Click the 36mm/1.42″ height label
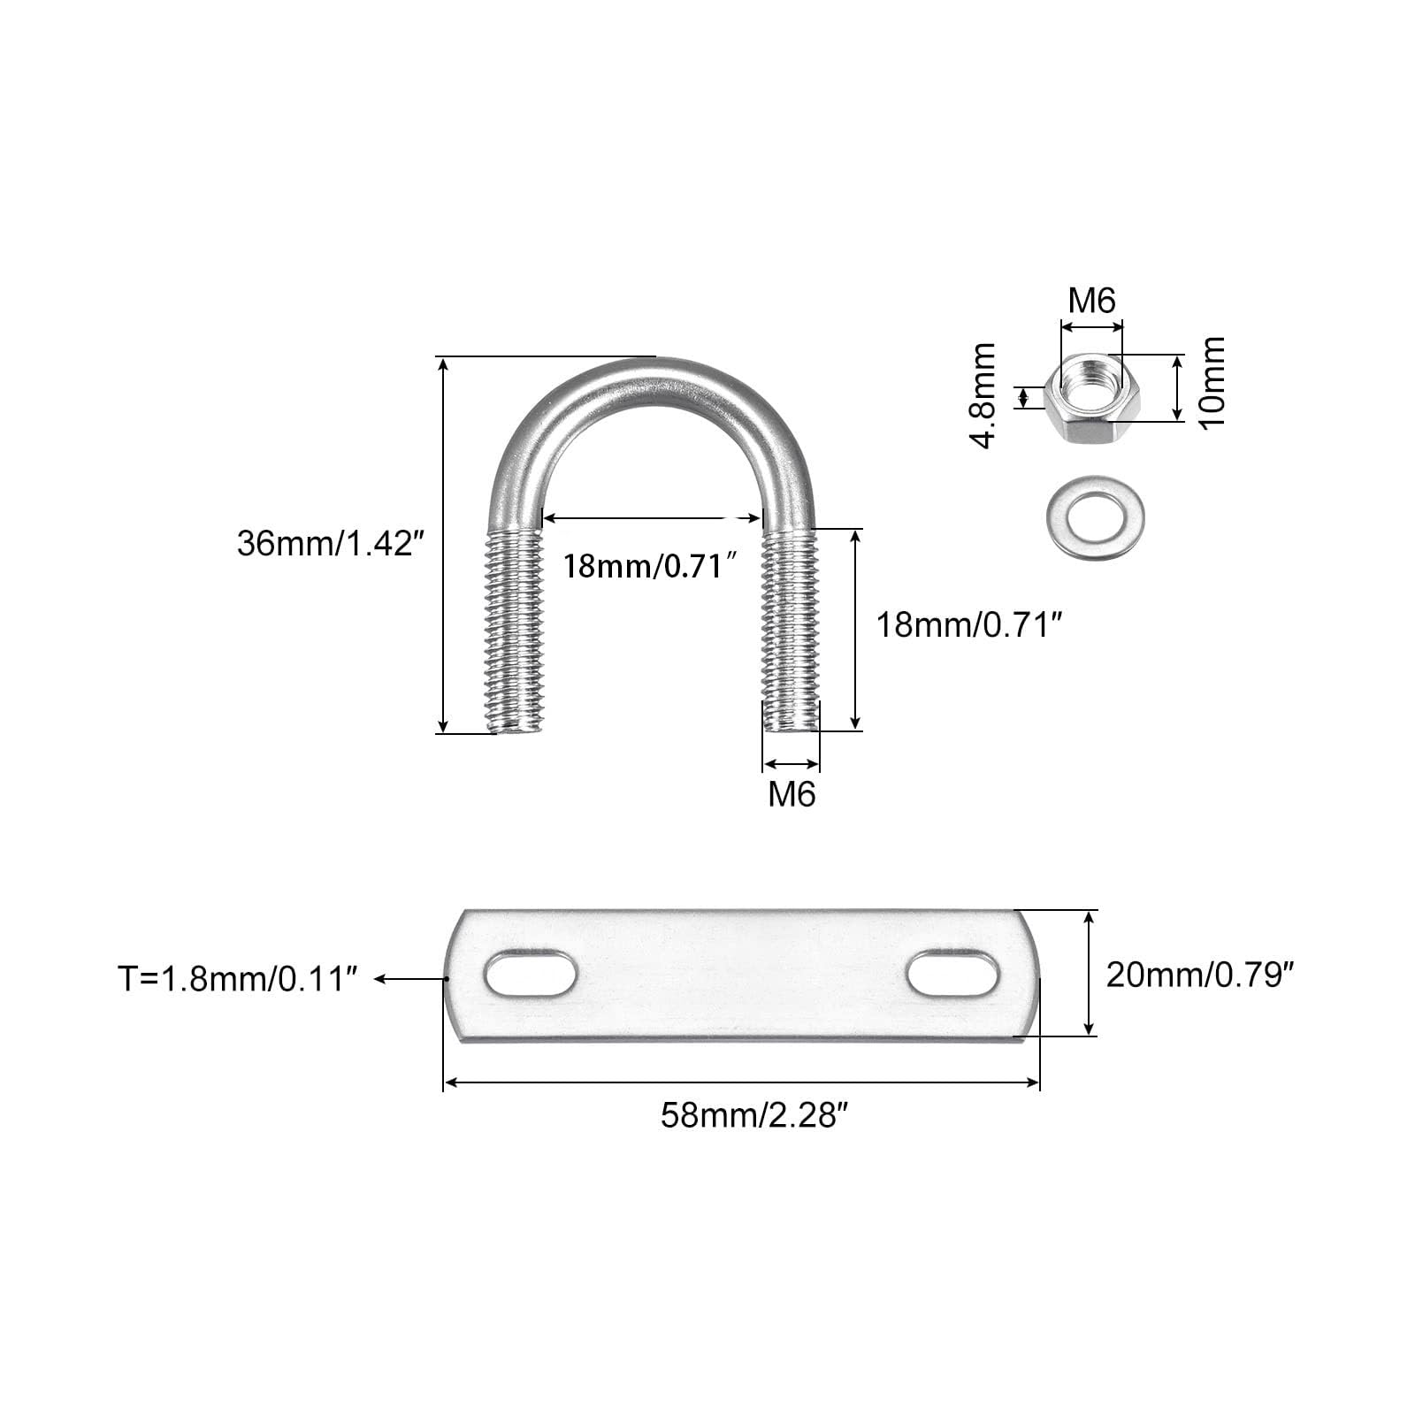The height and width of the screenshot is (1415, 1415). [x=325, y=543]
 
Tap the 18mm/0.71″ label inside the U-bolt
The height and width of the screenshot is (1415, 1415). [x=651, y=565]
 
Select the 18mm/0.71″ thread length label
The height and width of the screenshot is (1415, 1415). [x=968, y=625]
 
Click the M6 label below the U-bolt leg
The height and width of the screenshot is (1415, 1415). [x=792, y=794]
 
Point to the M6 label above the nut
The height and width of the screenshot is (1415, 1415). [x=1092, y=301]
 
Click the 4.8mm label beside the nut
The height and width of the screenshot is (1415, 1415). [x=984, y=396]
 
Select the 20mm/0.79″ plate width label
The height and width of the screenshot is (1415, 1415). [x=1200, y=975]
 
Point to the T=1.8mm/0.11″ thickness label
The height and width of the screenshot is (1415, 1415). [x=238, y=979]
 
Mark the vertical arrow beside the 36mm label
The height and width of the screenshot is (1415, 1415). [x=443, y=545]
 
